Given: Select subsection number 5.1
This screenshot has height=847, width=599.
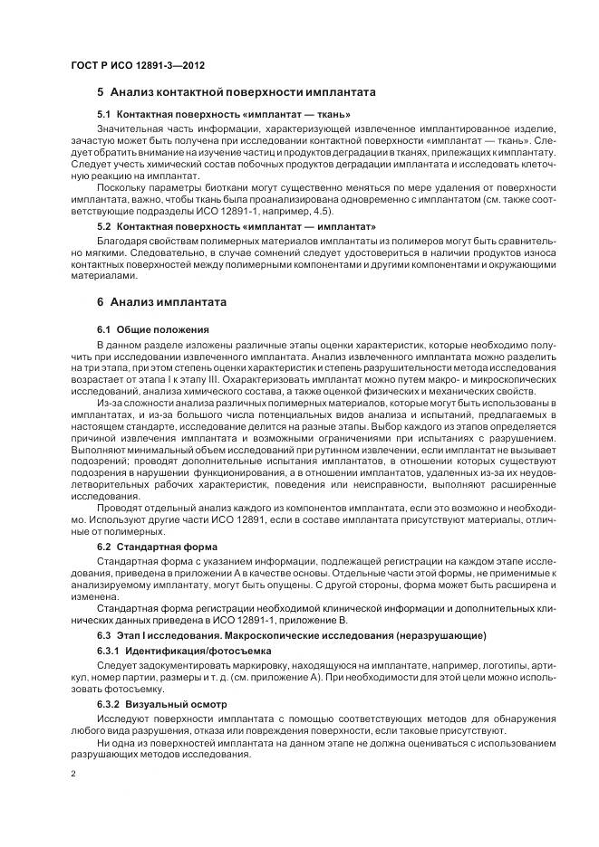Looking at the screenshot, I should (x=103, y=115).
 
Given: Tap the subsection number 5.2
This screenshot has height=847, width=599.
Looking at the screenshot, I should (x=103, y=224).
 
